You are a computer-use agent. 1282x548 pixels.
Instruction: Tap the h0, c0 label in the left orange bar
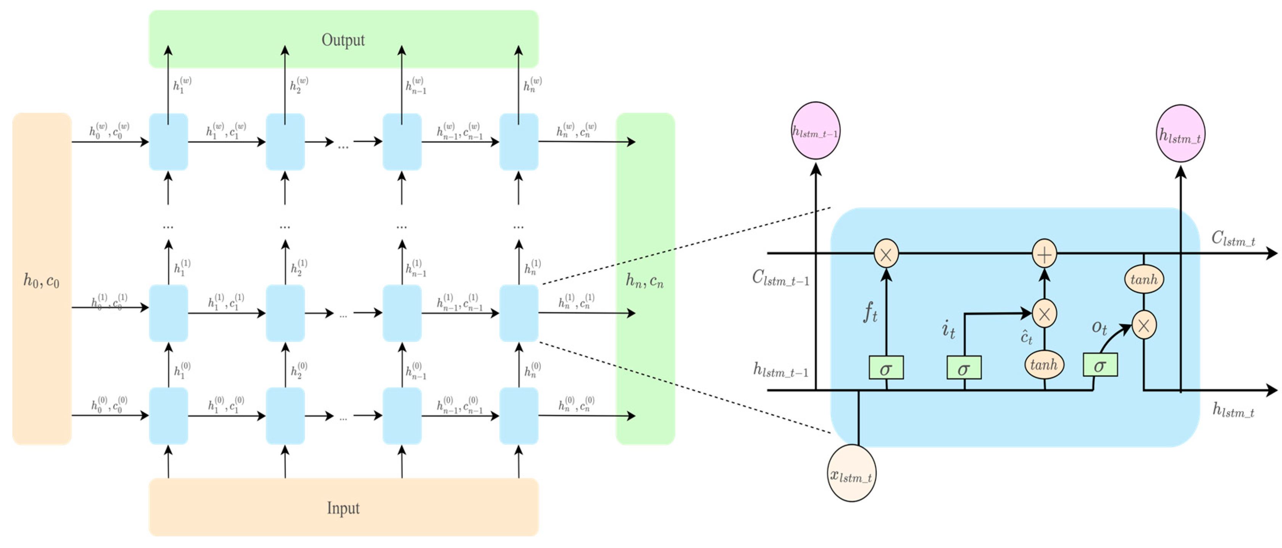42,281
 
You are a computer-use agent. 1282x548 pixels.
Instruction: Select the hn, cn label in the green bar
645,281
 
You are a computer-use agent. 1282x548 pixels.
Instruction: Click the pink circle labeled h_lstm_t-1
816,131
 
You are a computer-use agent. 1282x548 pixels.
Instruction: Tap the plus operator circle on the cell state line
1044,254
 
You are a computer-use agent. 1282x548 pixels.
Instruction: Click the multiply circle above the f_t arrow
886,254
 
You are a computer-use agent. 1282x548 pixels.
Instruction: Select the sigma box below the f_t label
886,368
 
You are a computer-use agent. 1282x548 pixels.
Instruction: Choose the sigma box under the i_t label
964,368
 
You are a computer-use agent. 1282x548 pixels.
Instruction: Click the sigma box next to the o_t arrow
1100,365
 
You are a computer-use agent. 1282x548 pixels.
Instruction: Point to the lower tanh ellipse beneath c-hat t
1044,365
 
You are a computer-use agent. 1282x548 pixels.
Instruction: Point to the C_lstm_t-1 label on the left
780,278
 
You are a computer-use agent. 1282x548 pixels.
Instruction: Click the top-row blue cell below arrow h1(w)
168,142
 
